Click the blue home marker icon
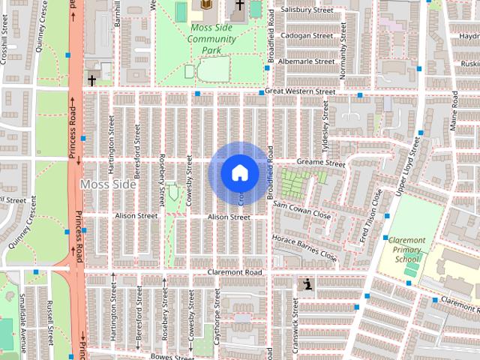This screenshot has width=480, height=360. (239, 172)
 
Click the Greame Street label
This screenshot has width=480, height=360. (319, 163)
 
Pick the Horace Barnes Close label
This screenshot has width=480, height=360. (304, 247)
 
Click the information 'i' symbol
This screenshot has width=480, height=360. (307, 284)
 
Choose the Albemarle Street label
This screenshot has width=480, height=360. (305, 61)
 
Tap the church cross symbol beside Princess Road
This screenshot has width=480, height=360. (91, 79)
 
